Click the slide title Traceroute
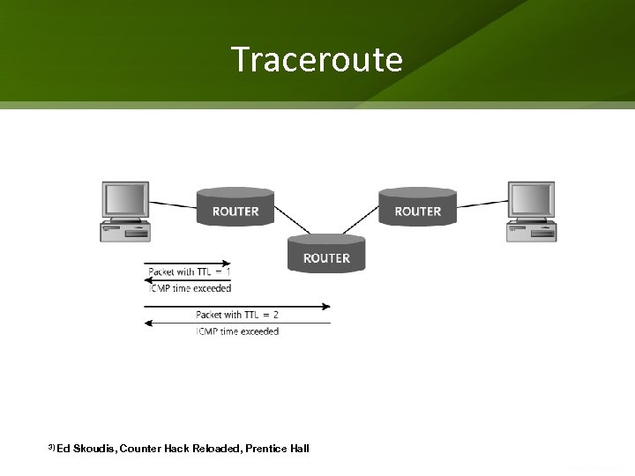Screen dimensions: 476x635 (x=317, y=60)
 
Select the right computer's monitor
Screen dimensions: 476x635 (x=531, y=200)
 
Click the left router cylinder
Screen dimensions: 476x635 (x=235, y=210)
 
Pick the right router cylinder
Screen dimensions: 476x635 (x=417, y=210)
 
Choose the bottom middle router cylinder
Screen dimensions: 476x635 (x=326, y=256)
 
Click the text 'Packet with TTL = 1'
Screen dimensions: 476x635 (x=190, y=271)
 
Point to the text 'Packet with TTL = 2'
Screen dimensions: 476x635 (x=237, y=315)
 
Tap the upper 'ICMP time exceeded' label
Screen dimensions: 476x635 (x=190, y=287)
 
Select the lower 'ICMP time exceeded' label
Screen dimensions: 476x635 (x=237, y=331)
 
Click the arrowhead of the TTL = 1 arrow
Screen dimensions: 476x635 (x=228, y=263)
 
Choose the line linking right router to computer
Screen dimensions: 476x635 (x=482, y=204)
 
